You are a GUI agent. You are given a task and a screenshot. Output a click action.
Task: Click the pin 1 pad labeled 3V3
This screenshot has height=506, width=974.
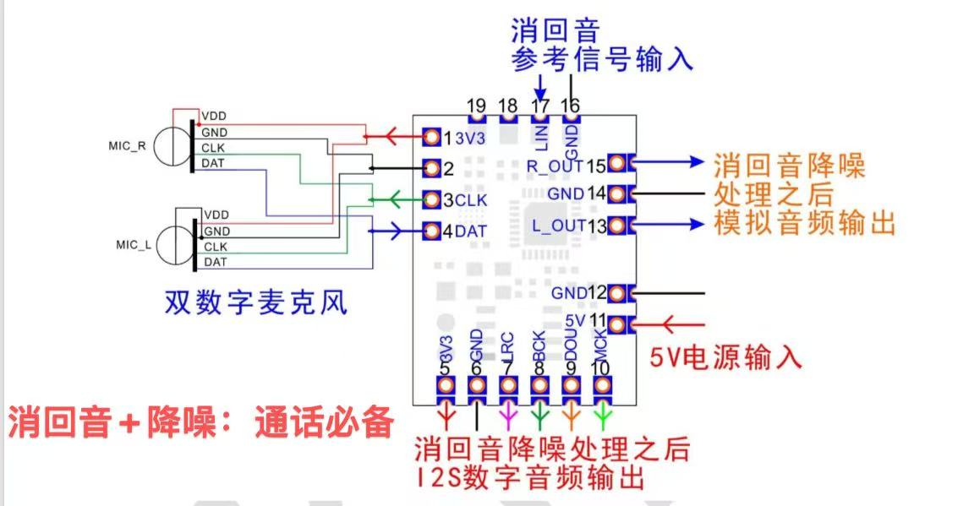coord(431,137)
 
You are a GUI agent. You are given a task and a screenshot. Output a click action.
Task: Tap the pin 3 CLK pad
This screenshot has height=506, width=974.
coord(431,200)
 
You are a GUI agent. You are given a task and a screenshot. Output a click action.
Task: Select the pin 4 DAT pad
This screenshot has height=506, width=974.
coord(431,231)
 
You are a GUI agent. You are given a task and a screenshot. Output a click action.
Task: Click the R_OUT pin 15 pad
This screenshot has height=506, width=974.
coord(617,163)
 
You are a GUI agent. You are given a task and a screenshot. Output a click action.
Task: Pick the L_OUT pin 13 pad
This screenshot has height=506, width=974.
coord(617,225)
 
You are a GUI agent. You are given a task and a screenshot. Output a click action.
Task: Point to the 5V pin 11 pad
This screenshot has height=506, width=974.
coord(617,324)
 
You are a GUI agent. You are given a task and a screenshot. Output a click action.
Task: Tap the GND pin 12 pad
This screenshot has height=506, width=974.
coord(617,293)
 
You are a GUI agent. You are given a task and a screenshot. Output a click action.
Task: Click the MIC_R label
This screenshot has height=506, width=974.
coord(128,146)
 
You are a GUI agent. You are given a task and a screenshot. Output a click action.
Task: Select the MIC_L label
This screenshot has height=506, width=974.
coord(134,245)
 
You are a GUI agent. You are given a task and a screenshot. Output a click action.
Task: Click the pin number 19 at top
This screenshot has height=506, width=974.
coord(477,106)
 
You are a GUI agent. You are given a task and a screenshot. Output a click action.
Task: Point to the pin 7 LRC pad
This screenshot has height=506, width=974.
coord(508,386)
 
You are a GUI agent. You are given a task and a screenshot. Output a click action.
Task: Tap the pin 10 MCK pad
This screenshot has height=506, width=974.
coord(602,386)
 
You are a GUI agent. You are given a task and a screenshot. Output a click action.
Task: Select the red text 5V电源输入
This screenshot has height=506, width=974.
coord(725,357)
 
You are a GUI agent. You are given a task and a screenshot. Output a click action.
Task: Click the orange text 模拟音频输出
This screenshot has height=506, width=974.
coord(805,223)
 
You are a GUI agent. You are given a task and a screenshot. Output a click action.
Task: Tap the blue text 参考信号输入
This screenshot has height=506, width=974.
coord(601,60)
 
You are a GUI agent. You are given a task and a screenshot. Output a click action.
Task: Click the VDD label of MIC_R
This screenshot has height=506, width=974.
coord(214,116)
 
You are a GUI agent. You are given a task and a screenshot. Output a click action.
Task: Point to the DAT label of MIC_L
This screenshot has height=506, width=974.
coord(215,262)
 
